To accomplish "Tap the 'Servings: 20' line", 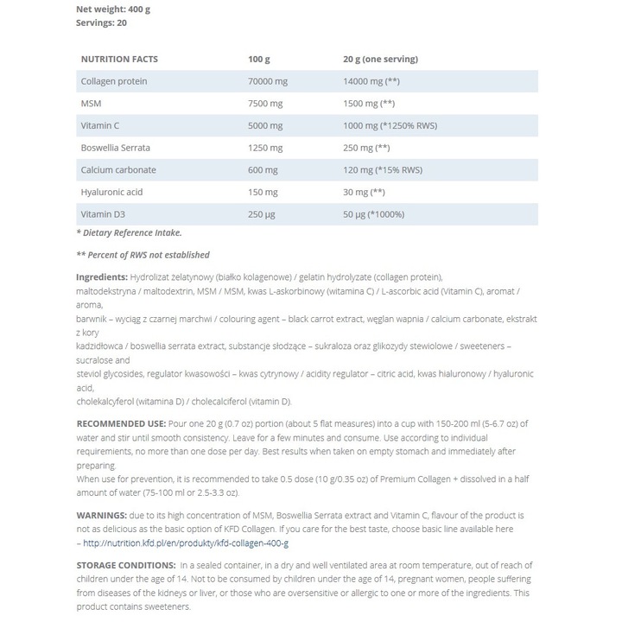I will point(102,22).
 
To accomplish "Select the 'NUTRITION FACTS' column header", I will point(119,59).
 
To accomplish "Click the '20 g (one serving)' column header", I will point(380,59).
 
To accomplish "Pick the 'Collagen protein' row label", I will point(113,81).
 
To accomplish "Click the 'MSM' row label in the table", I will point(90,104).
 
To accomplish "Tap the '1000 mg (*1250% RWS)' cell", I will point(390,125).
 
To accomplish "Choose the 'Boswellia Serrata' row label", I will point(116,148).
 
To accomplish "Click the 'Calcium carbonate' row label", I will point(117,170).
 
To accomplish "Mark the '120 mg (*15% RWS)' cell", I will point(382,170).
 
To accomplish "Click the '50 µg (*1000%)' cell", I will point(376,214).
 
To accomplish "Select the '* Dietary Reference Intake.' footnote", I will point(129,232).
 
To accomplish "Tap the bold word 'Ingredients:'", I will point(102,276).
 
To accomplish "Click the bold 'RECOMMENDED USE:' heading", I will point(121,423).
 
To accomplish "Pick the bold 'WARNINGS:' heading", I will point(103,515).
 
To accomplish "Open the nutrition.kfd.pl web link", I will point(186,543).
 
